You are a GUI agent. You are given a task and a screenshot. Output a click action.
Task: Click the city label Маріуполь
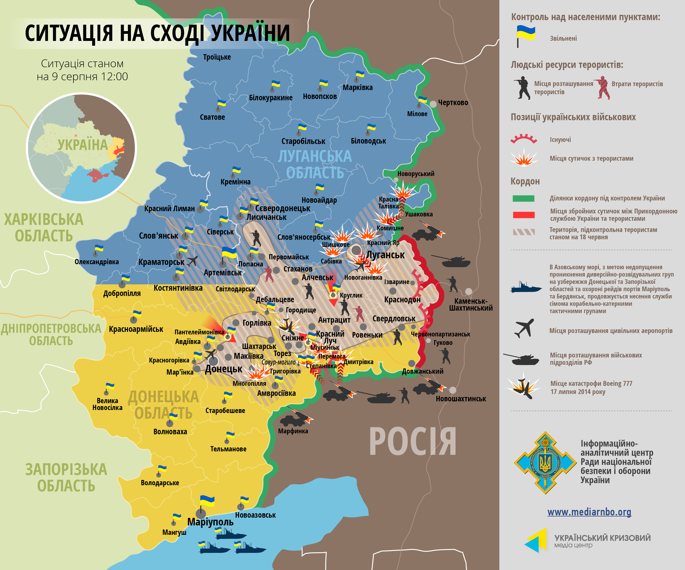[210, 522]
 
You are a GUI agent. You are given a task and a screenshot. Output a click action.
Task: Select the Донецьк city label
[224, 369]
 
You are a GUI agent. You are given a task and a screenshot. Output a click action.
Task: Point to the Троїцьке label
[217, 57]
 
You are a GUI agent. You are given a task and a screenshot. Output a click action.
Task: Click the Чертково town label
[453, 103]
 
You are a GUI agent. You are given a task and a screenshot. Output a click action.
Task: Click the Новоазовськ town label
[256, 515]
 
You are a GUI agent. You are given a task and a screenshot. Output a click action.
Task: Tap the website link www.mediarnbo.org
[589, 512]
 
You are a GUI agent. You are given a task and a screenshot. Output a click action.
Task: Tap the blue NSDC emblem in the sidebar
[545, 463]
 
